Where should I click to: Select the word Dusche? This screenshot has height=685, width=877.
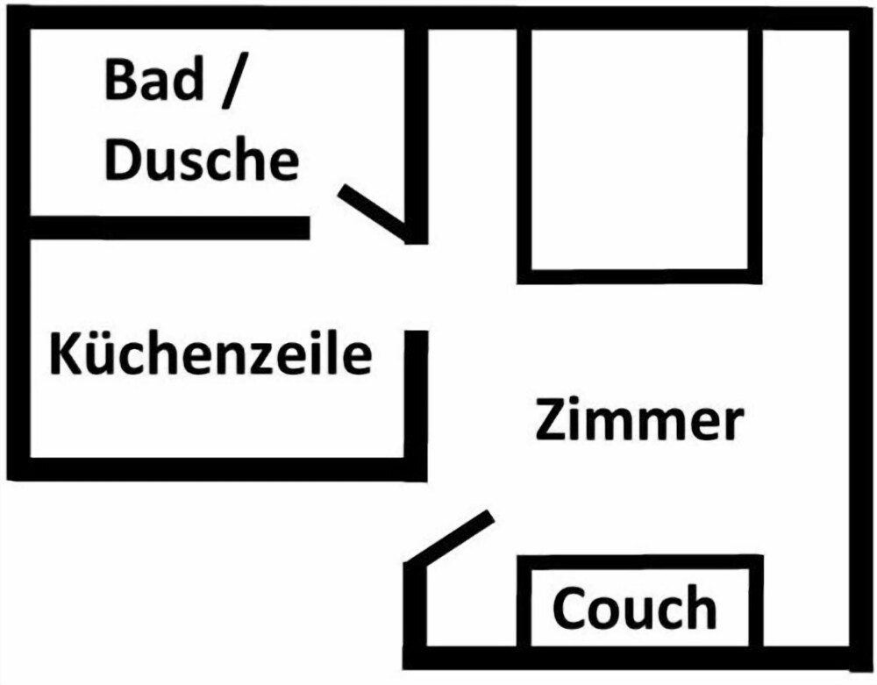(x=202, y=161)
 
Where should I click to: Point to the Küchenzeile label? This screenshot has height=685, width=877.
(x=210, y=355)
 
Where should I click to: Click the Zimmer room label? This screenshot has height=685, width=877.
(x=639, y=421)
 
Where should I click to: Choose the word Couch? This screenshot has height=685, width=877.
(x=634, y=608)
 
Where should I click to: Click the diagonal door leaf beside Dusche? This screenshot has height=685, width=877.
(x=373, y=211)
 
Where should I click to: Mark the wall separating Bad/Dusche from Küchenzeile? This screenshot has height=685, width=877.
(x=167, y=228)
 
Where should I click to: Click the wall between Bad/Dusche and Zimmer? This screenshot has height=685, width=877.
(x=416, y=132)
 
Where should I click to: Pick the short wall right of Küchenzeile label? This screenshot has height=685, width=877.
(x=416, y=395)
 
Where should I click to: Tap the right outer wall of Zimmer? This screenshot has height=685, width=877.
(x=860, y=342)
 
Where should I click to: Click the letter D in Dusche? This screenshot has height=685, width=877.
(x=123, y=161)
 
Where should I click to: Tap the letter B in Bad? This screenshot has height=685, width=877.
(x=121, y=80)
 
